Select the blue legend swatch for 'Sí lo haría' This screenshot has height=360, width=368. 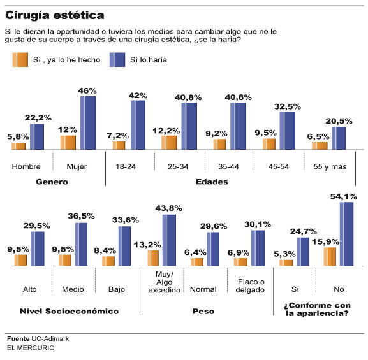pos(117,60)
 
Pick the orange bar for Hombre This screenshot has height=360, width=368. pos(18,146)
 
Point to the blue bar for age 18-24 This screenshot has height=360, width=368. pos(138,125)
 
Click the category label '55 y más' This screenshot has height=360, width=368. pos(328,167)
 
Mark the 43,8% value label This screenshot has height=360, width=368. pos(169,207)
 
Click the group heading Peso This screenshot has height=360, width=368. pos(203,311)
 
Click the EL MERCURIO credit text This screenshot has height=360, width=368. pos(31,348)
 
